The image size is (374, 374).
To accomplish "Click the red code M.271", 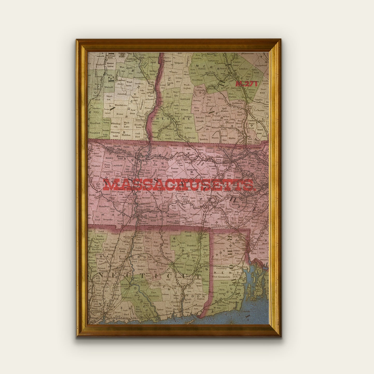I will pyautogui.click(x=246, y=84).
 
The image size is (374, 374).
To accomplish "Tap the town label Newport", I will pyautogui.click(x=179, y=63).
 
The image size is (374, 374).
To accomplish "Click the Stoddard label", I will pyautogui.click(x=185, y=99).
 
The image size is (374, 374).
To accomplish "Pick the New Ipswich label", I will pyautogui.click(x=204, y=137).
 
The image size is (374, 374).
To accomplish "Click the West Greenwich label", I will pyautogui.click(x=221, y=277).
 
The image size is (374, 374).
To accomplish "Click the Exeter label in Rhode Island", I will pyautogui.click(x=224, y=283).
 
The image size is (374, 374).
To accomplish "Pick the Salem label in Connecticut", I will pyautogui.click(x=165, y=295).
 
